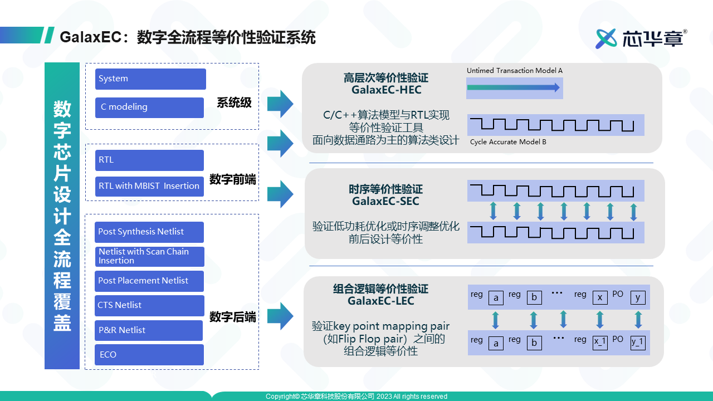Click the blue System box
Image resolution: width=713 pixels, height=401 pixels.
pyautogui.click(x=150, y=79)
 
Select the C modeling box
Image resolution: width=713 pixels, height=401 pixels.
pyautogui.click(x=149, y=107)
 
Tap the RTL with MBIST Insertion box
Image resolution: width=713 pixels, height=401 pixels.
pyautogui.click(x=149, y=187)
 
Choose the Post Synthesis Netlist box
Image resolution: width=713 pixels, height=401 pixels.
pyautogui.click(x=149, y=232)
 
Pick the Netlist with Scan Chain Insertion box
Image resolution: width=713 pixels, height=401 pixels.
pyautogui.click(x=149, y=256)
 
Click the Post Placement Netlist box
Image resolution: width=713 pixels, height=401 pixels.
pyautogui.click(x=149, y=281)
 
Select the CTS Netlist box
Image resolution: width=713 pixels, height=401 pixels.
pyautogui.click(x=149, y=305)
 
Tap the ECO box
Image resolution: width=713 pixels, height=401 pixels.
pyautogui.click(x=149, y=355)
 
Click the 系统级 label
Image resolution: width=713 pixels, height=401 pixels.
pyautogui.click(x=234, y=103)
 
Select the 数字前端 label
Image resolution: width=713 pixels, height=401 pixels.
pyautogui.click(x=233, y=180)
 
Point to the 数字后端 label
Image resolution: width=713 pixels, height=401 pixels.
pyautogui.click(x=233, y=317)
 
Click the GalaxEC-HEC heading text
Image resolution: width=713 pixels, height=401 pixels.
pyautogui.click(x=386, y=90)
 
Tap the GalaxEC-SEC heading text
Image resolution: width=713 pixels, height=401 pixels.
pyautogui.click(x=385, y=201)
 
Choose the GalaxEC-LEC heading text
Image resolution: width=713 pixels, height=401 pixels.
pyautogui.click(x=381, y=301)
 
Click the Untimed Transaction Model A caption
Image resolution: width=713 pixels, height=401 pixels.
pyautogui.click(x=514, y=71)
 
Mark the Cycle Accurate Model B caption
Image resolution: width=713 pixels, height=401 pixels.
pyautogui.click(x=508, y=142)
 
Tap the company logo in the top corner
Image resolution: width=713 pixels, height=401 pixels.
pyautogui.click(x=641, y=38)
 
